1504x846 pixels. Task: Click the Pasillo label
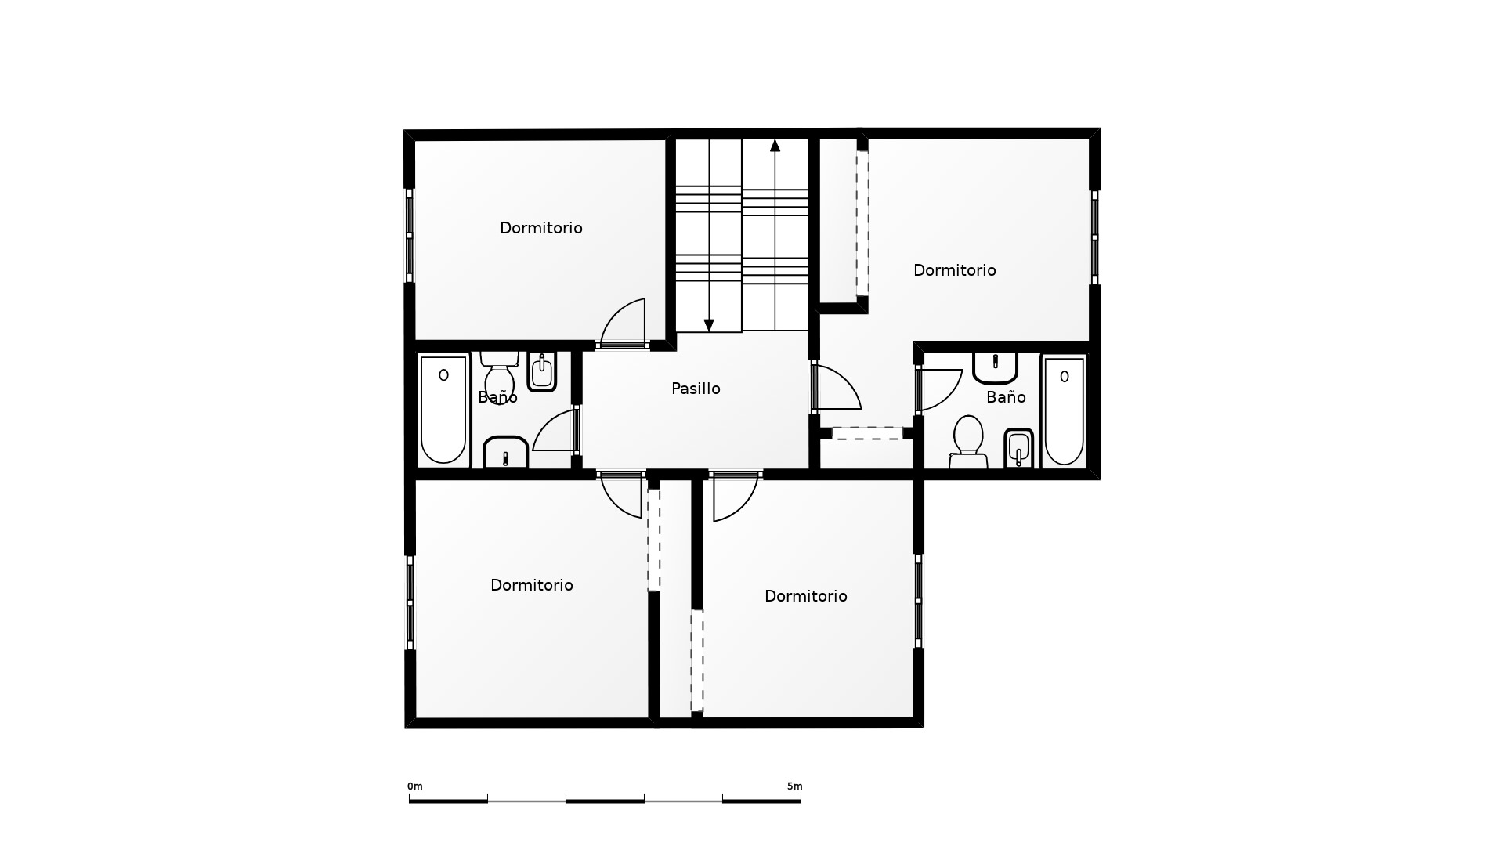point(696,389)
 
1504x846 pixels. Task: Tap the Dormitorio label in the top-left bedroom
point(541,228)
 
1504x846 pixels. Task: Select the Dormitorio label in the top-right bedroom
point(955,270)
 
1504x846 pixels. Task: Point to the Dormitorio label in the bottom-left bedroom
point(532,585)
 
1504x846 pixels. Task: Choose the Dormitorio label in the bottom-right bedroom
point(806,596)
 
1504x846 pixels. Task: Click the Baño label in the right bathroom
point(1006,397)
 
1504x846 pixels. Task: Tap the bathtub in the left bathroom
point(443,410)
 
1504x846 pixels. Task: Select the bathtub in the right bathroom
point(1064,410)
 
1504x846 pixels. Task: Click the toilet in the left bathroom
point(499,377)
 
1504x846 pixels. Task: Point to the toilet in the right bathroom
point(968,442)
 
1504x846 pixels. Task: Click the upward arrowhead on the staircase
point(775,145)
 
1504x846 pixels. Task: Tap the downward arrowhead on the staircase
point(709,325)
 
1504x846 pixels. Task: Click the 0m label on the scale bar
point(414,786)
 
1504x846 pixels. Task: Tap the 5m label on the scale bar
point(794,786)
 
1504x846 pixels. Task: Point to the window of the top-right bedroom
point(1094,237)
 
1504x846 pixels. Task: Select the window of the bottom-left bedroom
point(410,602)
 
